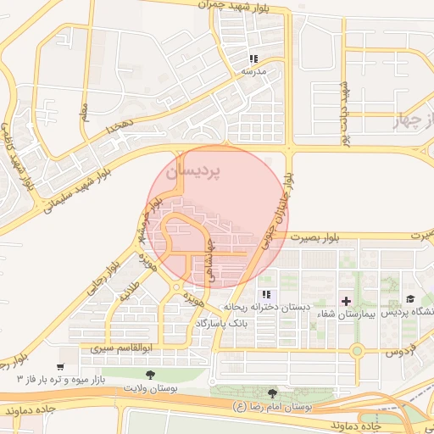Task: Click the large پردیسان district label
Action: coord(192,171)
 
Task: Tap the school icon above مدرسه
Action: coord(253,58)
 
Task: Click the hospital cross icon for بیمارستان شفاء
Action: coord(346,301)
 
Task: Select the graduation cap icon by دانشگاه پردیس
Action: coord(410,299)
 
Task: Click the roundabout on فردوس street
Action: coord(357,350)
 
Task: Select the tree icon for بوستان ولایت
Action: coord(150,374)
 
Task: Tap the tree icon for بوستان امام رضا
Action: coord(271,393)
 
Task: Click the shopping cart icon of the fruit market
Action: coord(60,365)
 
